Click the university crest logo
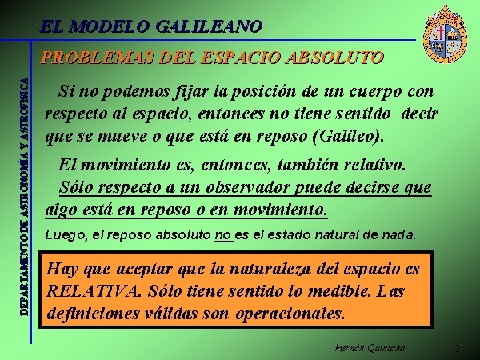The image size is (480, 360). click(x=445, y=34)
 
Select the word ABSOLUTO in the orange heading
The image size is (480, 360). click(x=334, y=58)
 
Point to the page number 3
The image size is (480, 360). click(x=457, y=348)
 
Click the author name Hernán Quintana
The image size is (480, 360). click(x=370, y=348)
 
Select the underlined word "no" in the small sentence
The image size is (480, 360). click(x=222, y=235)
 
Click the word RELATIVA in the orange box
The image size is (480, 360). click(x=91, y=291)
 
